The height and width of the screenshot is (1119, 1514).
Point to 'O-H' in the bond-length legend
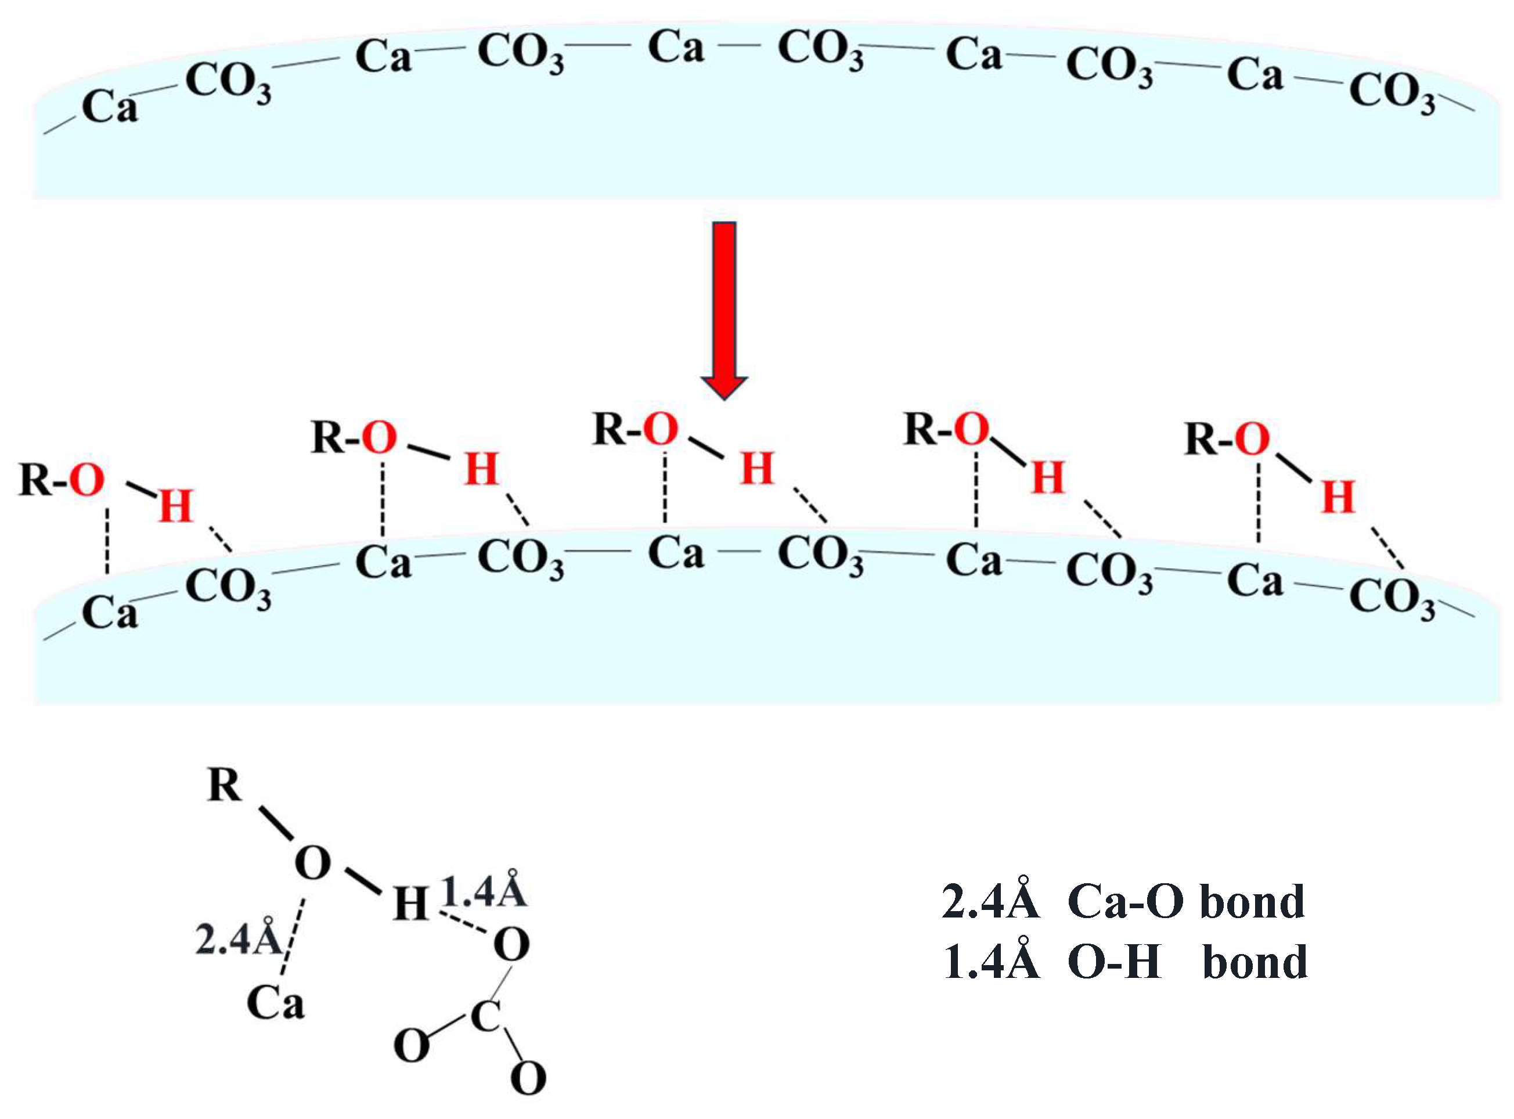click(1114, 962)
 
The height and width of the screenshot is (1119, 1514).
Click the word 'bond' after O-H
click(1255, 962)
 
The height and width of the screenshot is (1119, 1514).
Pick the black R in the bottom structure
click(225, 786)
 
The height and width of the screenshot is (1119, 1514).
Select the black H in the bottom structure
click(411, 904)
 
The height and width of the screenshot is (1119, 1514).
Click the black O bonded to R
click(312, 863)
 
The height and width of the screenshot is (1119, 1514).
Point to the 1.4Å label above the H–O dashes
click(484, 892)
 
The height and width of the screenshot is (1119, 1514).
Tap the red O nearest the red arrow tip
click(660, 429)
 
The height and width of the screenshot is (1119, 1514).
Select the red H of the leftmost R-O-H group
click(175, 505)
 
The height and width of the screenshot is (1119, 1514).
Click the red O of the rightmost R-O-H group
click(1251, 439)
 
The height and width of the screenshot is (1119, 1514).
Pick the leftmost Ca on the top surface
click(110, 107)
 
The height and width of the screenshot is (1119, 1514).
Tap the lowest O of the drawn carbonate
click(528, 1078)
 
